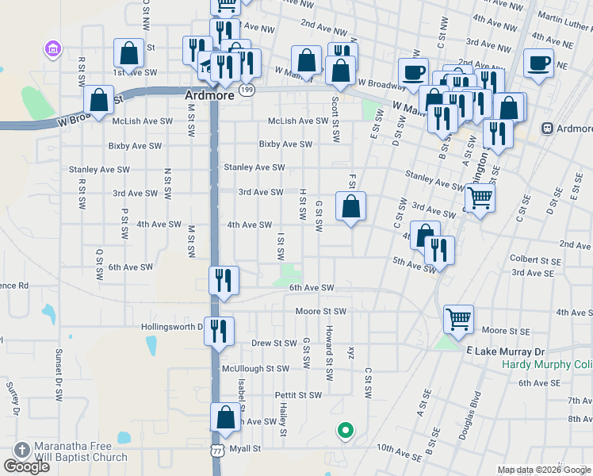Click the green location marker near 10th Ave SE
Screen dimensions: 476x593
coord(345,431)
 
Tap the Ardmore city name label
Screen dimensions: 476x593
coord(205,94)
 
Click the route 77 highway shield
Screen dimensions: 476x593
coord(216,451)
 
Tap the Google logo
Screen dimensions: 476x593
coord(26,466)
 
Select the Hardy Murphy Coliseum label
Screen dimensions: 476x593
coord(547,366)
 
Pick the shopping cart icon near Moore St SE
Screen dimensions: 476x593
coord(459,319)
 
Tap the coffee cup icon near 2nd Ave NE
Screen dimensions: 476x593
coord(538,62)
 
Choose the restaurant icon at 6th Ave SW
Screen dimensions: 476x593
coord(223,280)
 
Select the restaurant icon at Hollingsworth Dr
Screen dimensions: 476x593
coord(220,330)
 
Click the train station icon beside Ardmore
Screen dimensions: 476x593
coord(547,129)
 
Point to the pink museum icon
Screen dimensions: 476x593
coord(53,49)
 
